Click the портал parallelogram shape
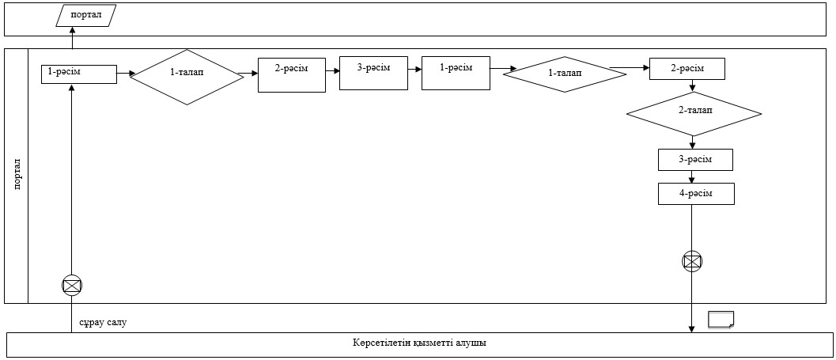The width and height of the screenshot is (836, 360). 85,16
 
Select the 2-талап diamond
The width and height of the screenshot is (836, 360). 694,114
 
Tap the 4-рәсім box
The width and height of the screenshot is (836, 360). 696,194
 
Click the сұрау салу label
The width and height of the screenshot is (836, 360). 102,323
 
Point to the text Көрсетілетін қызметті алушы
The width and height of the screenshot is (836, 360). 419,343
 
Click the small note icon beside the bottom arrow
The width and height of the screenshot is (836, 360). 721,319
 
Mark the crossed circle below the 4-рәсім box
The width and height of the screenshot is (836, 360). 692,261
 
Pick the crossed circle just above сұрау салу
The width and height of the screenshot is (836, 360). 72,286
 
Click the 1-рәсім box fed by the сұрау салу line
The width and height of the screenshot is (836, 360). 79,74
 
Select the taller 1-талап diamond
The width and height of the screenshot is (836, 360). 187,77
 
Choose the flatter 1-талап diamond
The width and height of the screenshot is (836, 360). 566,74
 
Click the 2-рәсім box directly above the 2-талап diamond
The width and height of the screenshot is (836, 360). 687,70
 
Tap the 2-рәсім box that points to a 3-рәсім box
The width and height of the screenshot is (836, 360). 292,75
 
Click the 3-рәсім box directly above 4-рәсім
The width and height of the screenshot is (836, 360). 696,160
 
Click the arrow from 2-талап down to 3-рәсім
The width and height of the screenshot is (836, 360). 693,142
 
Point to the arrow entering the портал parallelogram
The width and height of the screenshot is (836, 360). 72,38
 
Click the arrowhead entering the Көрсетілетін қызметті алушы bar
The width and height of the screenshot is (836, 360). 692,328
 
